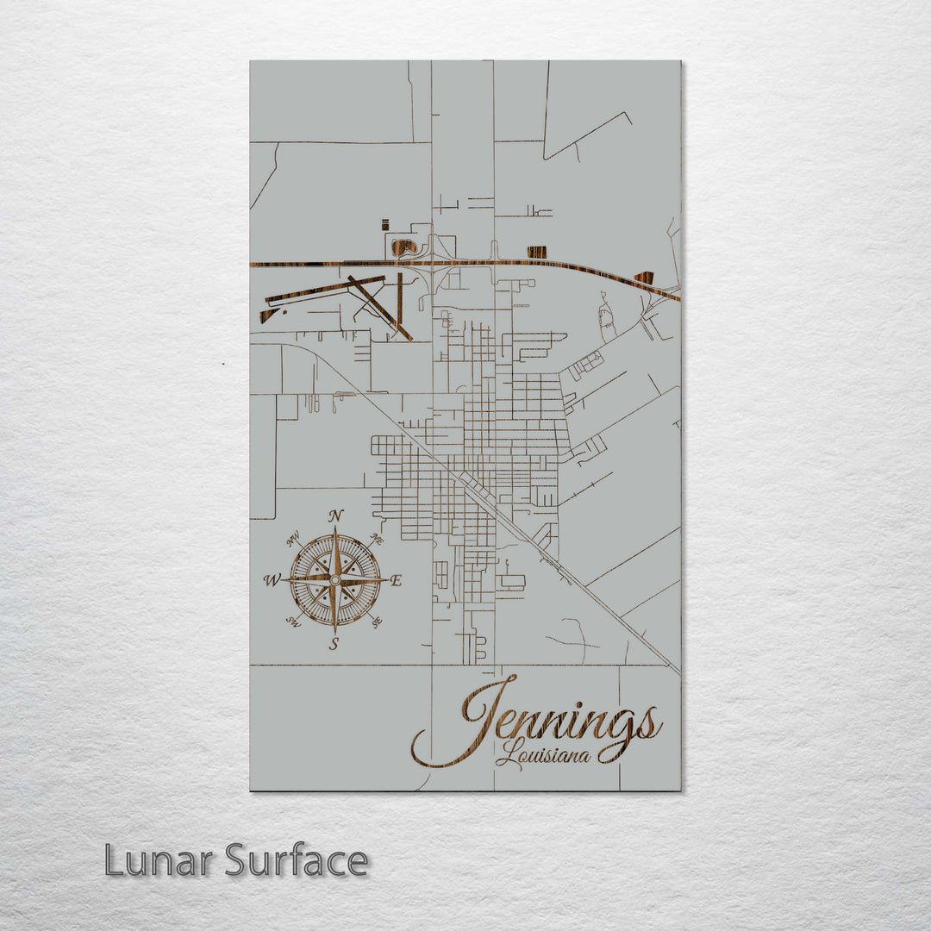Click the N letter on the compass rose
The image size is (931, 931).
[336, 516]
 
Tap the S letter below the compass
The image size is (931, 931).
[334, 644]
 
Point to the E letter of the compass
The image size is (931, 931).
[396, 581]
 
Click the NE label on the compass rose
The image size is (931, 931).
[377, 539]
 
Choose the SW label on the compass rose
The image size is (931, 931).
[293, 622]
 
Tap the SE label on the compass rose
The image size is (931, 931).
[377, 621]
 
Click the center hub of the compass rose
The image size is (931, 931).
[334, 580]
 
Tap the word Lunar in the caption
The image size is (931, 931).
[159, 861]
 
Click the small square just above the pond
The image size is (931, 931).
[385, 225]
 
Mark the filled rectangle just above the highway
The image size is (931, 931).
[536, 252]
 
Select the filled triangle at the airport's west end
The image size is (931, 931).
[268, 316]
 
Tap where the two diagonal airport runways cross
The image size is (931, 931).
[365, 290]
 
